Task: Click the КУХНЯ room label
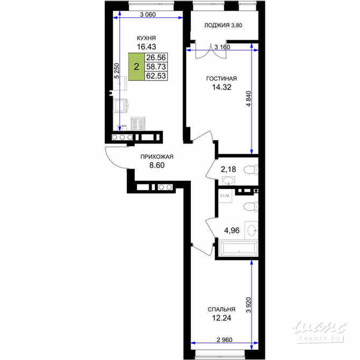[146, 38]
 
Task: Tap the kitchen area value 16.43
[147, 47]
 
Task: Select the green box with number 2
[136, 67]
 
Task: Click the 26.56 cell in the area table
[156, 57]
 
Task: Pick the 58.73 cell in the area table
[156, 67]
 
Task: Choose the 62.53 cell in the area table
[156, 76]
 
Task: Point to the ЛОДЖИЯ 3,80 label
[223, 25]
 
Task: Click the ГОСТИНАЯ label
[221, 78]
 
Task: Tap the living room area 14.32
[221, 87]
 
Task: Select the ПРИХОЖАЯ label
[157, 157]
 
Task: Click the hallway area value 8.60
[157, 165]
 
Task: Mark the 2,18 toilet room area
[228, 169]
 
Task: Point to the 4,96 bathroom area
[232, 231]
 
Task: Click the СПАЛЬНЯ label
[221, 309]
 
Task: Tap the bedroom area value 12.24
[221, 318]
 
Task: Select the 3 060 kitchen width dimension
[148, 15]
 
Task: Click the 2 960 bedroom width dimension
[225, 340]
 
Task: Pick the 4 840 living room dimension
[248, 99]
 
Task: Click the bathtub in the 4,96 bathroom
[239, 248]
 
